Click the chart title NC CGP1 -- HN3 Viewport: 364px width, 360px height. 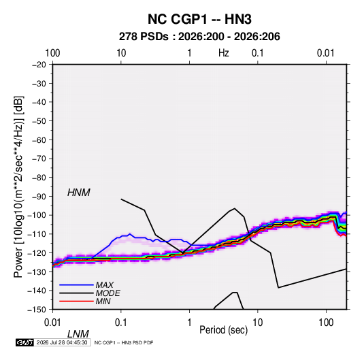tap(199, 19)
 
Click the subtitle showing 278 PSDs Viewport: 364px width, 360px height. tap(199, 37)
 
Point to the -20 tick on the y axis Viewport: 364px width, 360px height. tap(39, 65)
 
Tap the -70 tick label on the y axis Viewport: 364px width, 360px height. tap(39, 159)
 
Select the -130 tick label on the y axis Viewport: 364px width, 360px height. tap(37, 272)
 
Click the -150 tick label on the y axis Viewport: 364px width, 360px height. tap(37, 310)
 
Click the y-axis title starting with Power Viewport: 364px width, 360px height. tap(18, 187)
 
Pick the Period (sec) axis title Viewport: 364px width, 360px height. tap(224, 330)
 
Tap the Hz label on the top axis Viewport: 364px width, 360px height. tap(224, 53)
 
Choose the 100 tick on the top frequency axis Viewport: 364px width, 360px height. tap(52, 53)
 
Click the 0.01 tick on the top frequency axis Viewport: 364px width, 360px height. tap(325, 53)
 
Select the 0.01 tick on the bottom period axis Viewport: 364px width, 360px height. tap(52, 323)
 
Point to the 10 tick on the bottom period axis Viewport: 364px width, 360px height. tap(257, 323)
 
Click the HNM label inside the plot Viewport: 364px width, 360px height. tap(79, 193)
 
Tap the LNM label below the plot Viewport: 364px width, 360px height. tap(78, 334)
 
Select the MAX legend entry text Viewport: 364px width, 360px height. tap(105, 285)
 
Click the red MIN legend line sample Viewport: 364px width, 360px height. tap(76, 301)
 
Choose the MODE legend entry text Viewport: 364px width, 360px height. tap(107, 293)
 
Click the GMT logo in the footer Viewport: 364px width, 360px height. tap(25, 342)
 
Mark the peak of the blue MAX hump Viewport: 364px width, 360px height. tap(130, 234)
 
